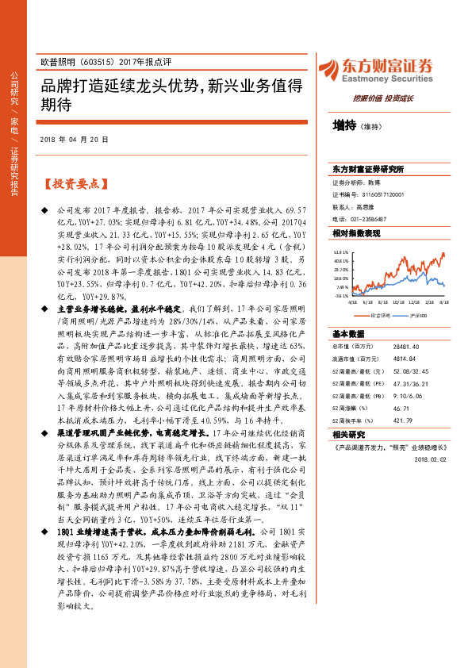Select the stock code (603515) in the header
coord(96,61)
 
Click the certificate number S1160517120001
coord(378,194)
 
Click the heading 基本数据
coord(348,333)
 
